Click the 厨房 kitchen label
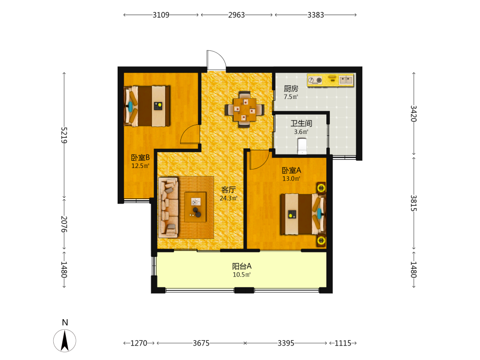291,88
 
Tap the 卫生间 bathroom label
301,123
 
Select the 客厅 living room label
228,190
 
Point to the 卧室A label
291,170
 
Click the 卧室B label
140,157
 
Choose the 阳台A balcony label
242,266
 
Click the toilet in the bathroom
302,146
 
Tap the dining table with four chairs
245,109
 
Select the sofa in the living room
168,207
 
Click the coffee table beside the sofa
195,207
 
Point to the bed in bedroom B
147,106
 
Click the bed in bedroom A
303,214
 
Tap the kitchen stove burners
315,80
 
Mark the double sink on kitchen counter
346,80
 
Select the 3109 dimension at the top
161,15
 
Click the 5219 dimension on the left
64,135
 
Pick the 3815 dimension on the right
414,203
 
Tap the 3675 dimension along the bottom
201,343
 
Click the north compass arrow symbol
65,340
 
